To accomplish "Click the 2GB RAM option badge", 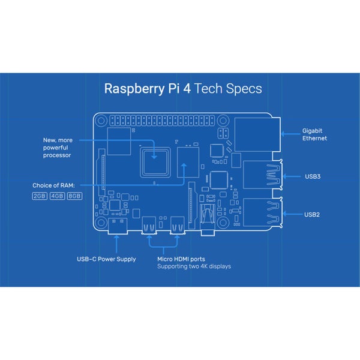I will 40,196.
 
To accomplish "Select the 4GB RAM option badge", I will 57,196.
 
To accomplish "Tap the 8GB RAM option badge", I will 74,196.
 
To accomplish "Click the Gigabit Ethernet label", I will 315,134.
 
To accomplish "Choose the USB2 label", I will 312,214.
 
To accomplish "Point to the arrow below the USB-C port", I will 115,243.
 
